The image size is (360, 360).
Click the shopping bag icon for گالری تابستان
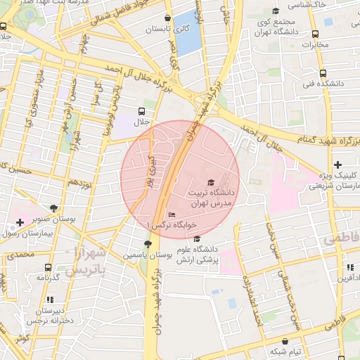click(167, 18)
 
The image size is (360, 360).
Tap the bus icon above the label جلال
click(142, 111)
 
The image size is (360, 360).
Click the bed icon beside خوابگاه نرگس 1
click(172, 214)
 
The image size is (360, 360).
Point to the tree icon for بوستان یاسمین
click(147, 244)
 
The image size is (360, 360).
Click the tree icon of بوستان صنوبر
click(54, 207)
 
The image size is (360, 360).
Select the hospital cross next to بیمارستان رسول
click(20, 223)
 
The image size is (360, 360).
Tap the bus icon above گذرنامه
click(48, 267)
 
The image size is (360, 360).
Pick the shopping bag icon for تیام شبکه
click(275, 340)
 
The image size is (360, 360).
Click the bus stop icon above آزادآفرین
click(349, 267)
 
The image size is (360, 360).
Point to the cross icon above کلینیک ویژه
click(338, 164)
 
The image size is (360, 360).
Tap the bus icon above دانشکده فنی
click(323, 73)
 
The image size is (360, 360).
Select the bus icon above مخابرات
click(316, 34)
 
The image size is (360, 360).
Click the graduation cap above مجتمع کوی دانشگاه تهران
click(276, 11)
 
